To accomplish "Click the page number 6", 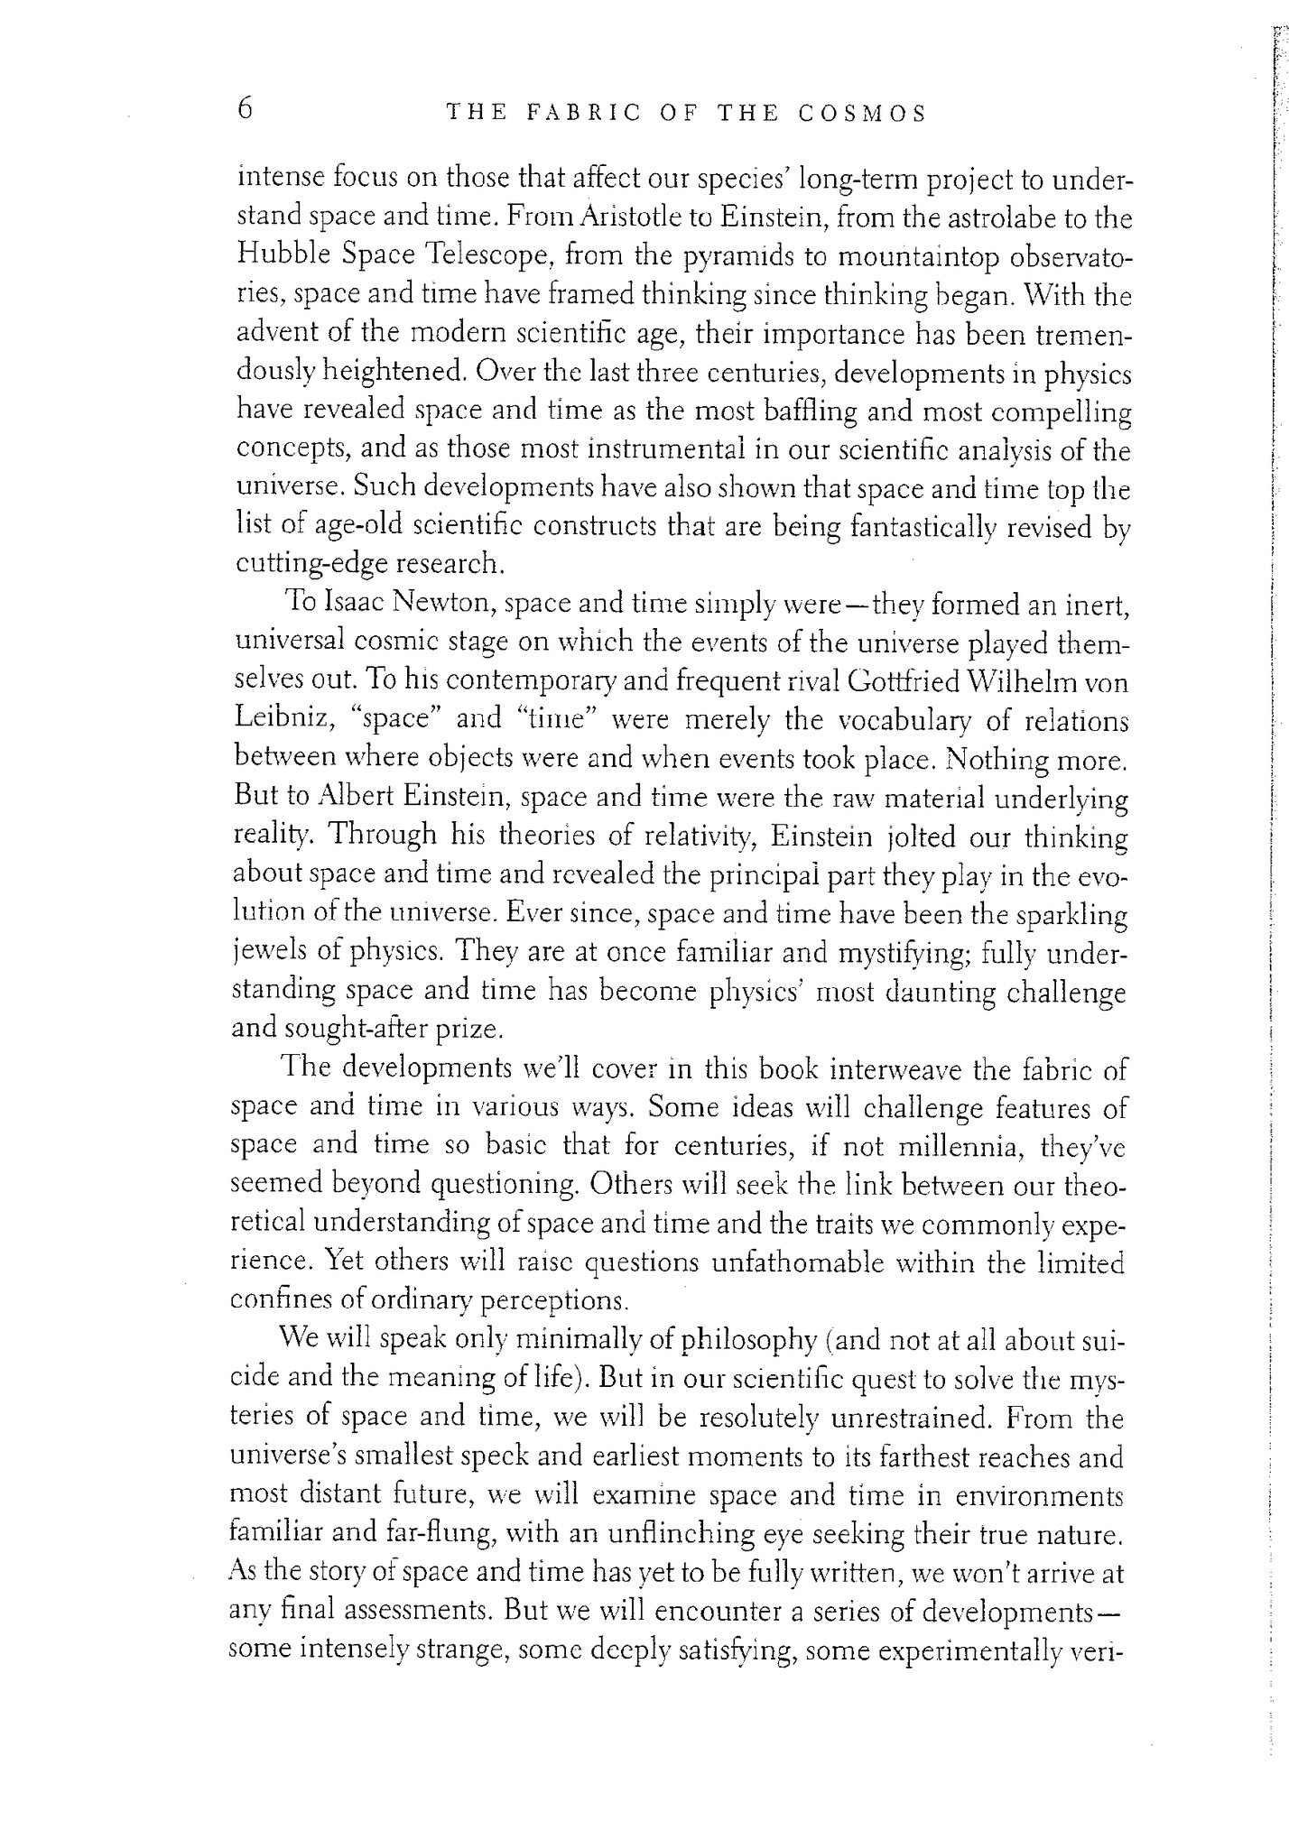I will tap(245, 110).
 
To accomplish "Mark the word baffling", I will tap(809, 411).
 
